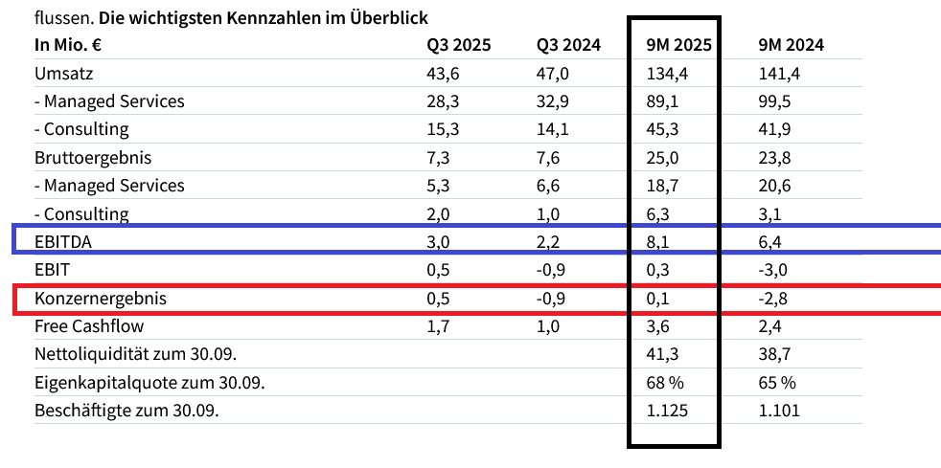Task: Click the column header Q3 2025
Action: point(459,45)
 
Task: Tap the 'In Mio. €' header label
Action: point(69,45)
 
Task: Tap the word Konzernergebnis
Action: point(101,299)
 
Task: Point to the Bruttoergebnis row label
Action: point(93,158)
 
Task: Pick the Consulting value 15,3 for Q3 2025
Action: point(443,129)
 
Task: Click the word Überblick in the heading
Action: point(389,17)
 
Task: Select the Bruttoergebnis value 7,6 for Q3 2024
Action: point(549,158)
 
